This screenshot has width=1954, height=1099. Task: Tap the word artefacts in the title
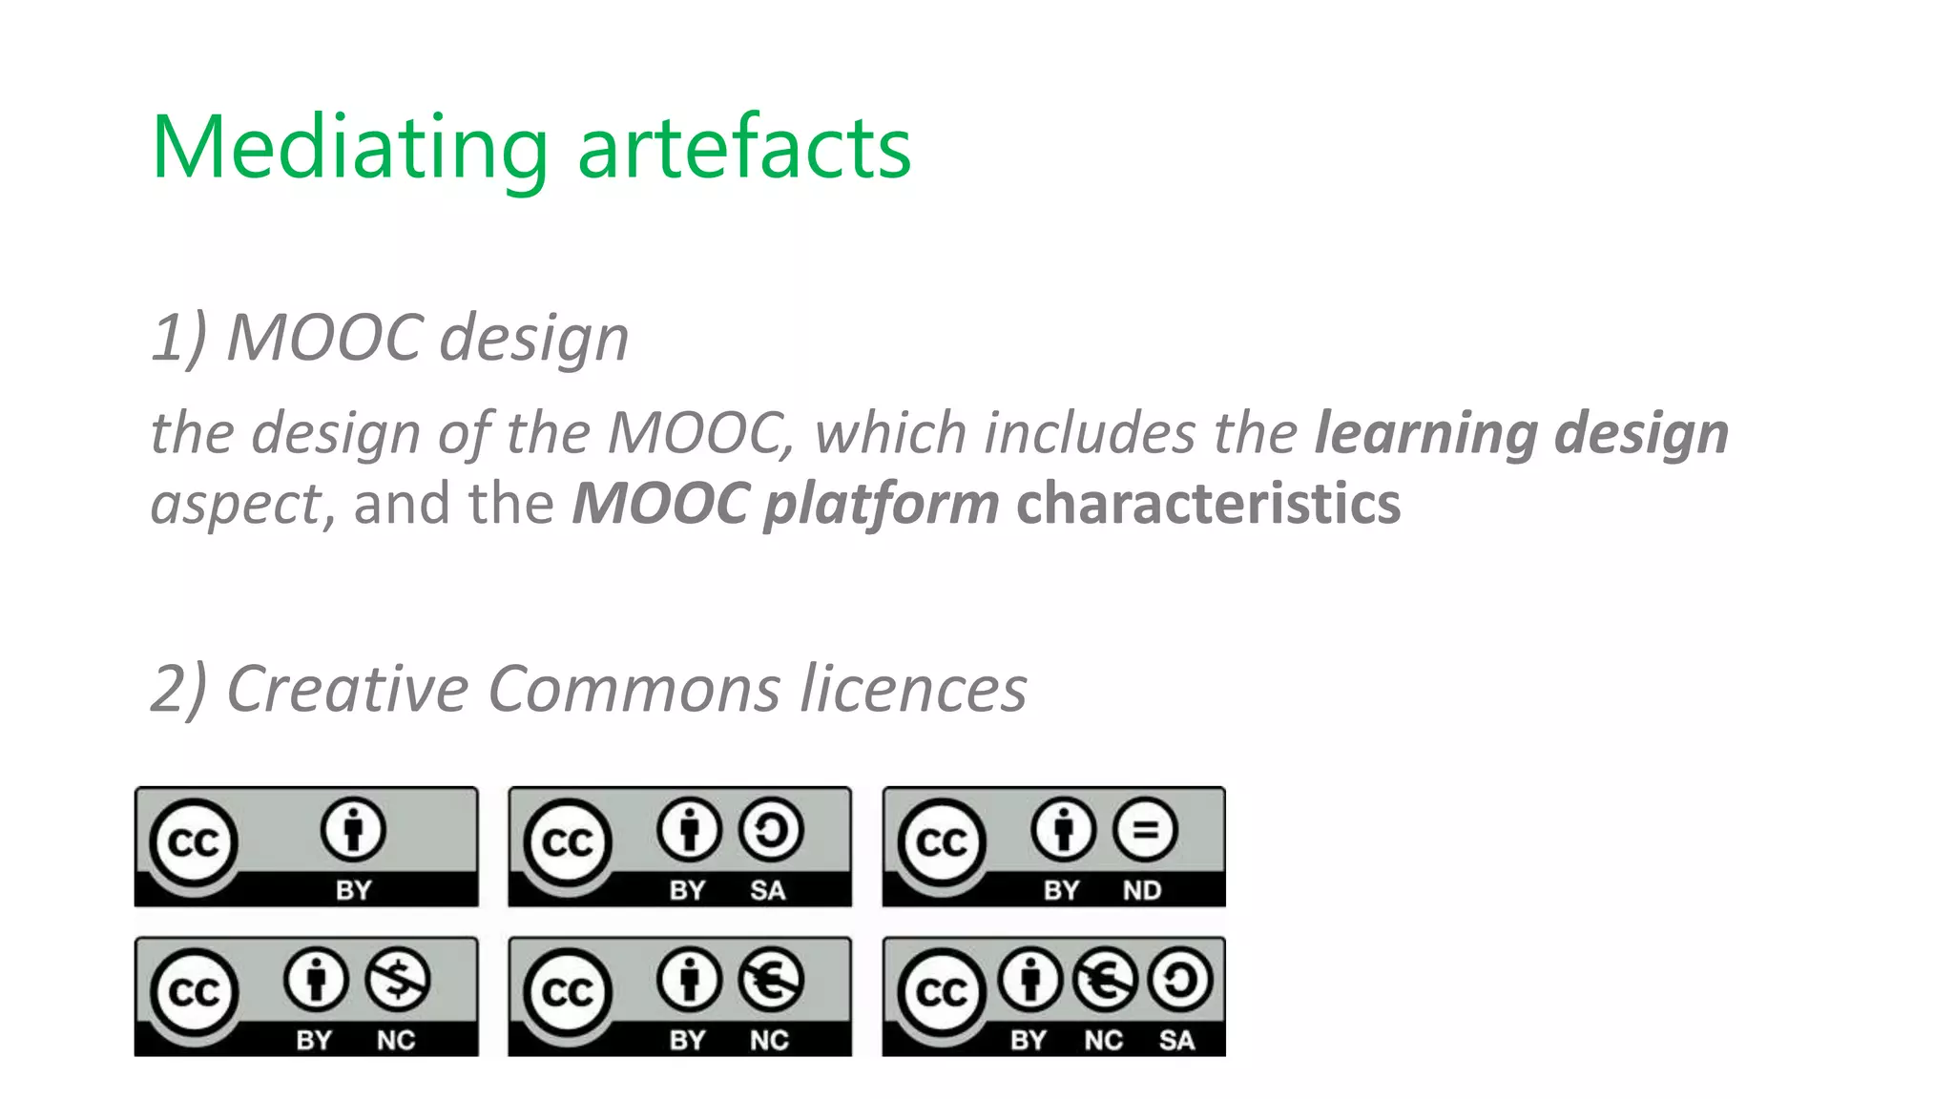(x=744, y=148)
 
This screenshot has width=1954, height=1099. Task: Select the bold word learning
(x=1425, y=433)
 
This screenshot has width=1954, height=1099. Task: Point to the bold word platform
(x=881, y=504)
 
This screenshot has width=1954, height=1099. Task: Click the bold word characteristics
(x=1208, y=503)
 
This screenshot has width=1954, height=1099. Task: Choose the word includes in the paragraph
(x=1091, y=433)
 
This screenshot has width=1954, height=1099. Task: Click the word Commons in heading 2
(x=634, y=689)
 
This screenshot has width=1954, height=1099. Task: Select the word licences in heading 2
(x=913, y=689)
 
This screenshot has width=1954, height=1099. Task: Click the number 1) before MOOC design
(x=178, y=339)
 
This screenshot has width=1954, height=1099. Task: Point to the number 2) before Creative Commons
(x=178, y=689)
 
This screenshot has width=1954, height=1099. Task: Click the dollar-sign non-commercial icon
(x=398, y=979)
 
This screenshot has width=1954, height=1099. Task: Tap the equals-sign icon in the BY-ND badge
(x=1145, y=829)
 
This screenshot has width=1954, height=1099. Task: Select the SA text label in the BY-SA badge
(x=767, y=890)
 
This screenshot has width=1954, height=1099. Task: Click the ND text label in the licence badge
(x=1141, y=890)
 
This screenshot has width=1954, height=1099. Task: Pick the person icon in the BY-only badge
(x=353, y=829)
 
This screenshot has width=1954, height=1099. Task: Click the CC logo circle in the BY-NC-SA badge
(x=942, y=992)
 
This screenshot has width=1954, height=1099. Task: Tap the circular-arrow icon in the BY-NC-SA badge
(x=1181, y=979)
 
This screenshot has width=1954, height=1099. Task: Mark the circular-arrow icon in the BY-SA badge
(x=771, y=829)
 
